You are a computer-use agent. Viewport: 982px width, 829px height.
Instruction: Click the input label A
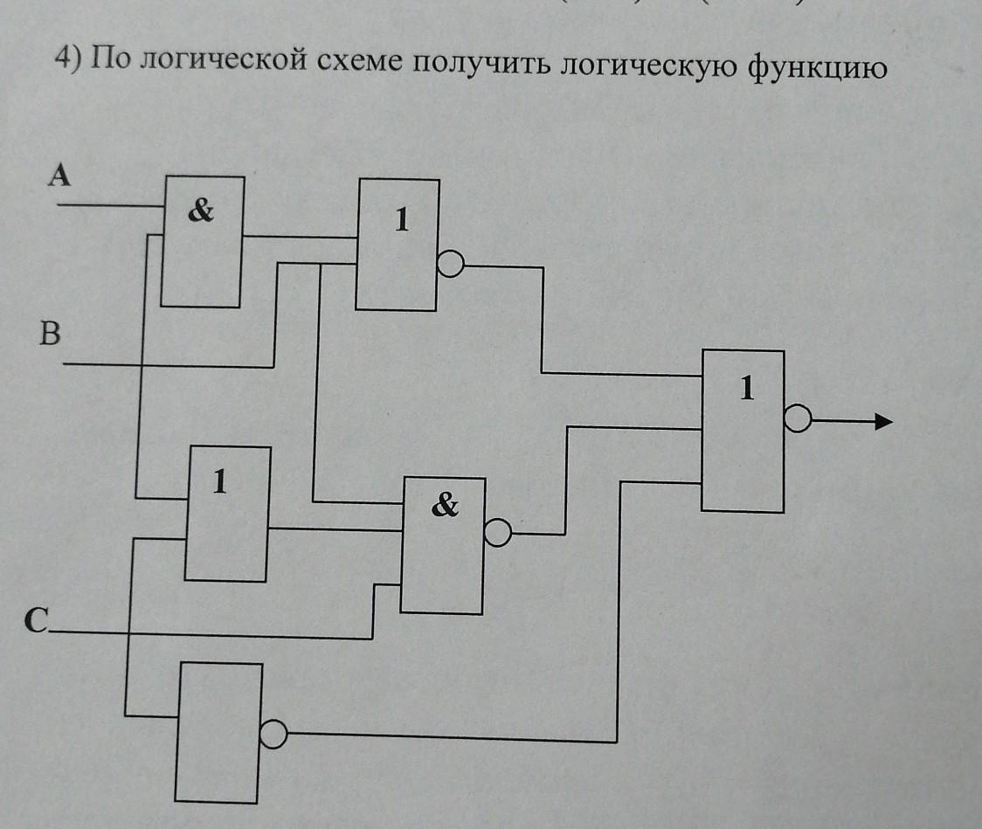coord(59,177)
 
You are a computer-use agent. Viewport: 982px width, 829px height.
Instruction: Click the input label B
coord(51,333)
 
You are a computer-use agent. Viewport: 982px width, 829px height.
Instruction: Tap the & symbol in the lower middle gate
coord(444,505)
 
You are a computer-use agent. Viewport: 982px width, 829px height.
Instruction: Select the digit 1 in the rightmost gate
coord(745,389)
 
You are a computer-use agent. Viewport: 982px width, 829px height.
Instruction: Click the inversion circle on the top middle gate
coord(449,264)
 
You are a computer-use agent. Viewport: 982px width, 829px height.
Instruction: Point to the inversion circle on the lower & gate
coord(497,532)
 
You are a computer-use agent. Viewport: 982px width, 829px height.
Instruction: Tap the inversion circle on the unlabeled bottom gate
coord(272,735)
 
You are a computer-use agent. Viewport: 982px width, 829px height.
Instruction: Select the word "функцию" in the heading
coord(818,69)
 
